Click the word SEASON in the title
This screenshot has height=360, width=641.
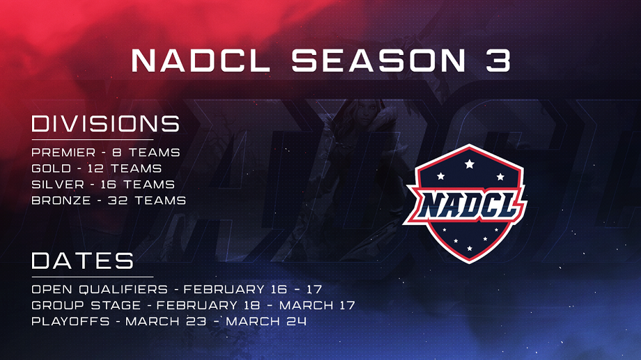point(378,61)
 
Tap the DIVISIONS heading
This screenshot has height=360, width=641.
point(105,124)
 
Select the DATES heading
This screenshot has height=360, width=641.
point(83,260)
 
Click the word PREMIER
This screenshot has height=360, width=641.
point(63,152)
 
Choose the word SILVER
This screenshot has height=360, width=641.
point(58,185)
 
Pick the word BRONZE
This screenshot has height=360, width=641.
point(61,201)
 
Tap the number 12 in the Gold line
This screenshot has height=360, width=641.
point(96,169)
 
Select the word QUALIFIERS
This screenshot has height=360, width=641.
point(123,289)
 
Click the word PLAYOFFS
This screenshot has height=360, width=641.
point(71,321)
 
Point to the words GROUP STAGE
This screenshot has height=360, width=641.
point(86,305)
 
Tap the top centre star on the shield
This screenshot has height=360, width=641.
point(470,164)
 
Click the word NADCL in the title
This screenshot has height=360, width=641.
point(201,61)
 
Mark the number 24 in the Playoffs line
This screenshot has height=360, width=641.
point(296,321)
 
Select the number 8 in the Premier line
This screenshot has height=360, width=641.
point(117,152)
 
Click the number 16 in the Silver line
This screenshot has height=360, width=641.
point(108,185)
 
